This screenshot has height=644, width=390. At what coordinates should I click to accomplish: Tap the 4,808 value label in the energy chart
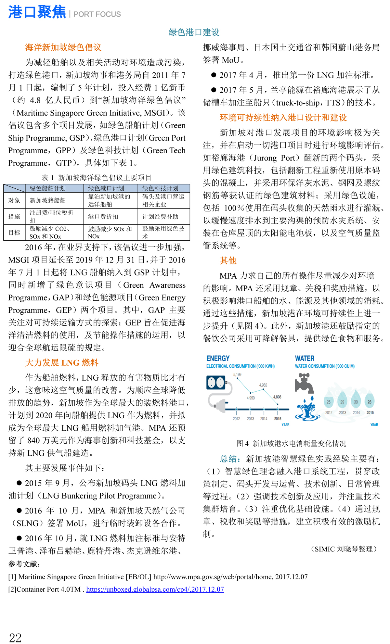(277, 397)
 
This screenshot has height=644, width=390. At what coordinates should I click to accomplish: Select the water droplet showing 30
(356, 402)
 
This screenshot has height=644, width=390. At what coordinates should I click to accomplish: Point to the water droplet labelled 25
(329, 402)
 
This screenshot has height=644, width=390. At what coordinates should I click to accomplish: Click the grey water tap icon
(304, 383)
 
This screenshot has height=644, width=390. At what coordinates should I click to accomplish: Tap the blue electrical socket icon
(216, 383)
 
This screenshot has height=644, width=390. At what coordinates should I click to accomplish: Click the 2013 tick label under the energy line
(250, 419)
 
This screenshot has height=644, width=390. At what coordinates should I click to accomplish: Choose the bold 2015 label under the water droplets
(370, 412)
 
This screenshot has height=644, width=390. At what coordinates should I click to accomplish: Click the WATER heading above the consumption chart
(305, 358)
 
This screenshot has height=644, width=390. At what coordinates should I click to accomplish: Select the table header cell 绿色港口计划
(106, 188)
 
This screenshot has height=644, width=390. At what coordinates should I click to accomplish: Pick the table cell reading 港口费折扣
(103, 217)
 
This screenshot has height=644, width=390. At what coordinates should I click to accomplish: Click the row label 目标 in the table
(14, 233)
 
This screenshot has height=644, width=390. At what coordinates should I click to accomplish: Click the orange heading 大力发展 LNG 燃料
(62, 363)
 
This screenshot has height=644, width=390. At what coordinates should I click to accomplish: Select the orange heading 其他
(228, 260)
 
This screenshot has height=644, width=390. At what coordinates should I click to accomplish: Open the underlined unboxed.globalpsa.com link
(155, 589)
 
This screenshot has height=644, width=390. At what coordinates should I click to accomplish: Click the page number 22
(15, 638)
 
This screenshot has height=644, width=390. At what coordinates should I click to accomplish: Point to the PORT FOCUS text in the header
(97, 14)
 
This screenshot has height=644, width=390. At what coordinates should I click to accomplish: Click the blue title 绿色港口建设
(194, 32)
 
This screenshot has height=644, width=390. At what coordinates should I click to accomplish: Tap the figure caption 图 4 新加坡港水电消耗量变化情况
(291, 443)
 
